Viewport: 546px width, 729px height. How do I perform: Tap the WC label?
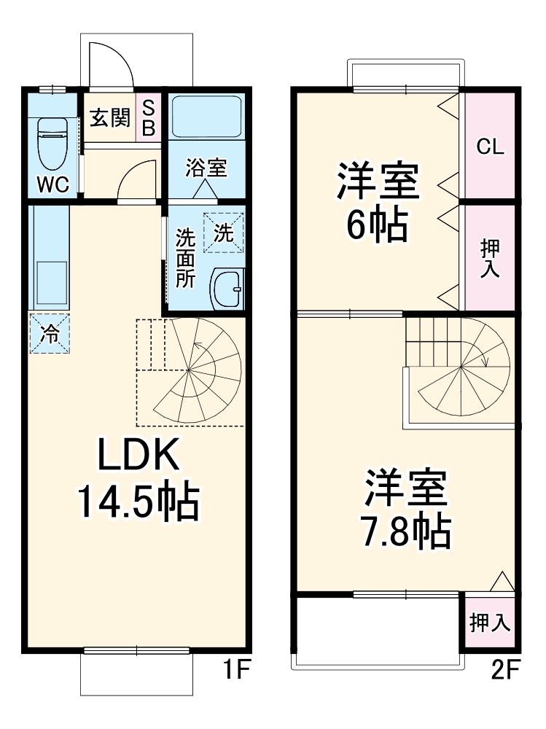click(x=52, y=185)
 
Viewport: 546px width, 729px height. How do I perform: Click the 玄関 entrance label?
click(x=109, y=117)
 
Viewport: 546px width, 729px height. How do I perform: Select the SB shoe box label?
click(x=148, y=118)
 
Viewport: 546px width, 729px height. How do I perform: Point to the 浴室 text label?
click(x=206, y=168)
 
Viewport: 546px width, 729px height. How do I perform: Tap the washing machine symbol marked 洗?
click(x=223, y=233)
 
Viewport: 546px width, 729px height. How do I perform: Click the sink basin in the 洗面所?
click(x=227, y=289)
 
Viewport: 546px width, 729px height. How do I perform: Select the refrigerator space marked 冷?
click(x=50, y=334)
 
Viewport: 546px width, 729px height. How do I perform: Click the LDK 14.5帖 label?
click(x=138, y=478)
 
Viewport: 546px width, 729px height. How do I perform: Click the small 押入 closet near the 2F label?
click(x=490, y=623)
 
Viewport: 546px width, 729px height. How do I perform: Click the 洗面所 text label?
click(x=185, y=258)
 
